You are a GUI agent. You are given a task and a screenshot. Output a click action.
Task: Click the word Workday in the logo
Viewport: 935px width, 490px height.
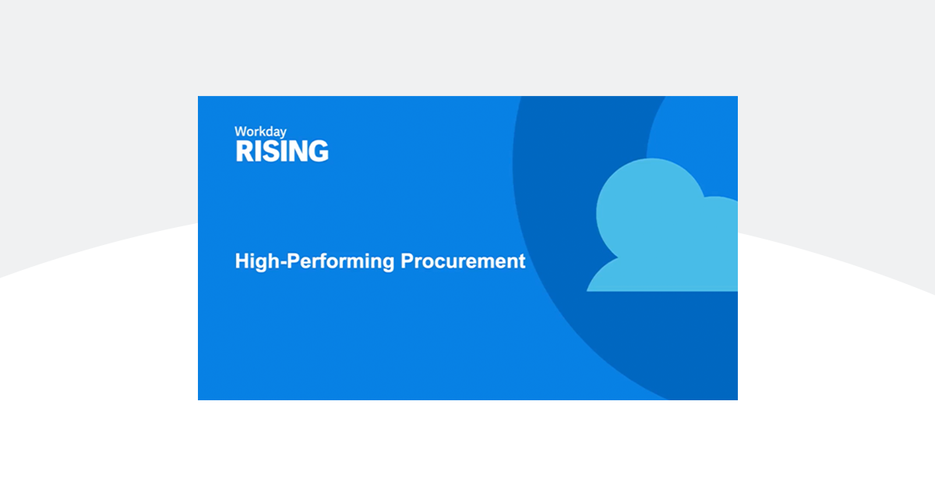(259, 132)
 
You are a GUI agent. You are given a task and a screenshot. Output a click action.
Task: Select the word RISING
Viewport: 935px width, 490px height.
(281, 151)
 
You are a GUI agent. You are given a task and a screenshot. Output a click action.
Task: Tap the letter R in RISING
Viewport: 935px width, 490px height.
(244, 151)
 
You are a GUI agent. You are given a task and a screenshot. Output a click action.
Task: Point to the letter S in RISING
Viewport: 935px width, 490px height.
(270, 151)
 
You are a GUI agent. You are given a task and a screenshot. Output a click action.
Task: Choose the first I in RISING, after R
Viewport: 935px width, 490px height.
(258, 151)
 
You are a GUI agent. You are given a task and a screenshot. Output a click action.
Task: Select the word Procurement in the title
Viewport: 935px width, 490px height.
(463, 261)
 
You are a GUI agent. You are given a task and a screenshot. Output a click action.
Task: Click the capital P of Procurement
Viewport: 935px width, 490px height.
(407, 261)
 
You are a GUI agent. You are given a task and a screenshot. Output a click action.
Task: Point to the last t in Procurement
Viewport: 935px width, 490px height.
(522, 261)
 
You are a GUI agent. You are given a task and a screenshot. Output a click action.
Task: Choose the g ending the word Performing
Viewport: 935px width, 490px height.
(389, 263)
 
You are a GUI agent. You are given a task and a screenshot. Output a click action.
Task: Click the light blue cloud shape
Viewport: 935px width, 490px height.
(662, 230)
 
